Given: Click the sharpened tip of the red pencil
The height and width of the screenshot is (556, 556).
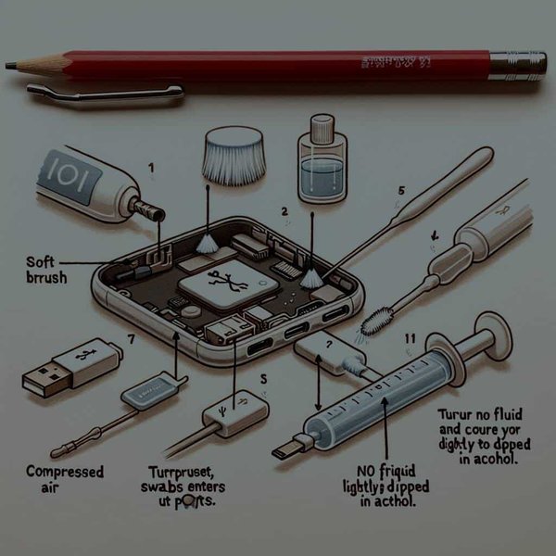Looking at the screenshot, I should tap(9, 65).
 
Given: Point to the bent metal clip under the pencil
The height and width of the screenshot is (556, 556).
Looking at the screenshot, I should tap(102, 92).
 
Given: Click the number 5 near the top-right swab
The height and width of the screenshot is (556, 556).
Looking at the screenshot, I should tap(400, 191).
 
